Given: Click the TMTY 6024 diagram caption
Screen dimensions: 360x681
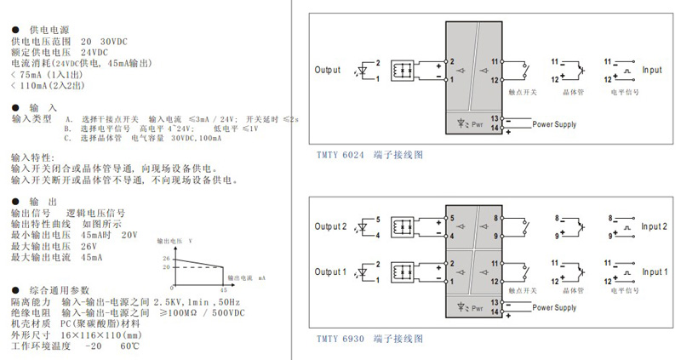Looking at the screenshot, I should click(x=369, y=155).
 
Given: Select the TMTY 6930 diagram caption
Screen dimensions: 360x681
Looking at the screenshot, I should click(x=369, y=338).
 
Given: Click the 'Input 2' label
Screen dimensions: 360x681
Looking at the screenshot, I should click(x=655, y=226).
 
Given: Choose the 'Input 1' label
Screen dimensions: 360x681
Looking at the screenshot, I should click(x=655, y=272).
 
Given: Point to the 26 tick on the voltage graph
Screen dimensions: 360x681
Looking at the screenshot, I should click(x=167, y=258).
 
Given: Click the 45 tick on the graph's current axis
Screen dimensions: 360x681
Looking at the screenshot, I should click(x=223, y=286).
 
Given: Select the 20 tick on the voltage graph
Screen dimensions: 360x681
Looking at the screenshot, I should click(x=167, y=266).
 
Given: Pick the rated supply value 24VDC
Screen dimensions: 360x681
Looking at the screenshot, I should click(x=96, y=52).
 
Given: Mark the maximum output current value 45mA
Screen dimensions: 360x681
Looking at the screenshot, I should click(x=91, y=256).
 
